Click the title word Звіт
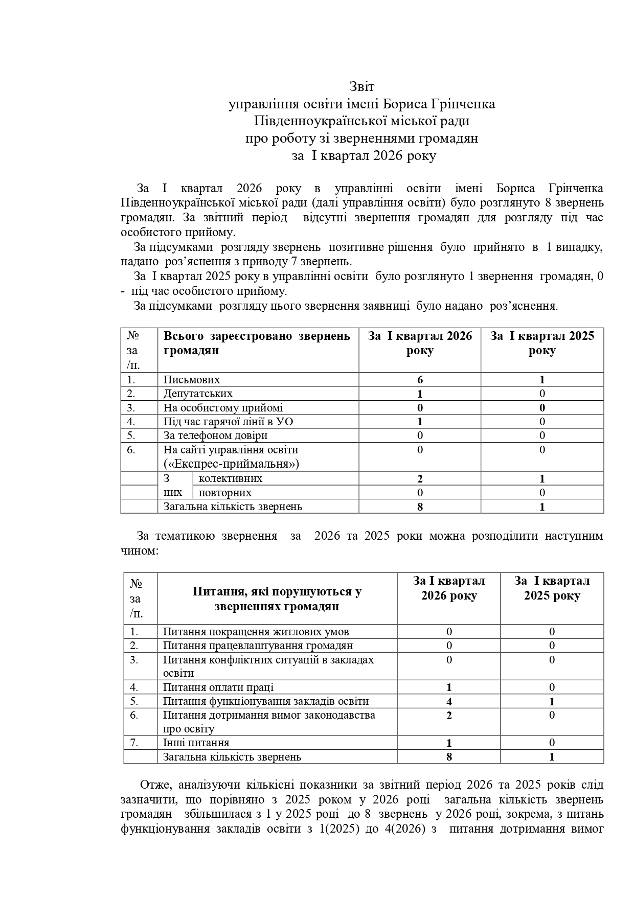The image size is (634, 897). coord(362,86)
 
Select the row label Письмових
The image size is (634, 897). coord(192,380)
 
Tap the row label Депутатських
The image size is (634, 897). coord(198,394)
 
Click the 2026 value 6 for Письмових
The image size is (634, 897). coord(420,380)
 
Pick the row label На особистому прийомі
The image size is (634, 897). coord(223,408)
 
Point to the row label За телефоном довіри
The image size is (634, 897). coord(215,435)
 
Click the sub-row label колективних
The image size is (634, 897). coord(230,478)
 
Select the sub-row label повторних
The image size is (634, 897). coord(225,493)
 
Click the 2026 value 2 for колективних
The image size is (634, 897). coord(420,479)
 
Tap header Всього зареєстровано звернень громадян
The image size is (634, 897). coord(257,343)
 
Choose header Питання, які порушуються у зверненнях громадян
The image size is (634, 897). coord(277,599)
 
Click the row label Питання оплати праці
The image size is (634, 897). coord(218,687)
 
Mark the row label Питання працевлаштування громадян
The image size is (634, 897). coord(258,646)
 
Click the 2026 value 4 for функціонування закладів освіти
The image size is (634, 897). coord(449,702)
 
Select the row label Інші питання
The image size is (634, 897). coord(196,743)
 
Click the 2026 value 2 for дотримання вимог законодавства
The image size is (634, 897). coord(449,716)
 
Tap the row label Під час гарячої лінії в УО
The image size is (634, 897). coord(228,422)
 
